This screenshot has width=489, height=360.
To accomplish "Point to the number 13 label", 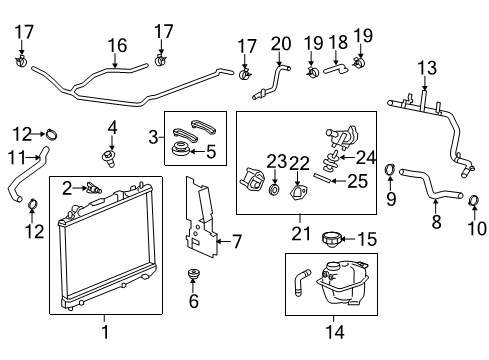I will point(427,67).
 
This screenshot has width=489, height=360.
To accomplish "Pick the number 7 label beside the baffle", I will point(236,241).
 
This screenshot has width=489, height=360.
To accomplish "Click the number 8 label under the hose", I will point(436,222).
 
